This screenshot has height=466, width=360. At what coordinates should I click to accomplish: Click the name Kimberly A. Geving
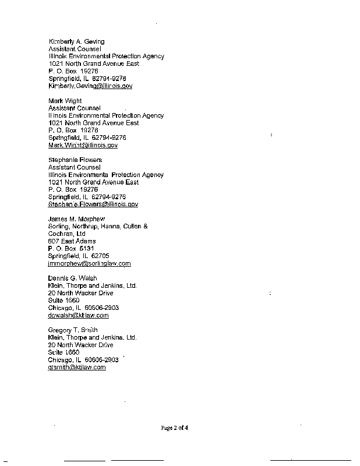coord(76,41)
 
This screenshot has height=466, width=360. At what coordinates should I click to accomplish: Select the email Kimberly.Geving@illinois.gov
coord(90,86)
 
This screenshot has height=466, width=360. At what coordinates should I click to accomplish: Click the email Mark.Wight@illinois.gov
coord(83,145)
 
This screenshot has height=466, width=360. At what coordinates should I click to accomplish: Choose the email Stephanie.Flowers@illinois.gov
coord(93,204)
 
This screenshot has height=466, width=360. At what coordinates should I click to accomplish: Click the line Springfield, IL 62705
coord(79,256)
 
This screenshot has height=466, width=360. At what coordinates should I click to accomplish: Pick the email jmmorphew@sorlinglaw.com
coord(89,263)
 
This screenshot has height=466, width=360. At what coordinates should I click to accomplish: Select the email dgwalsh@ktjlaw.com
coord(78,315)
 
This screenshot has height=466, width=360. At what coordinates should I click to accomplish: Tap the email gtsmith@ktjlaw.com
coord(77,367)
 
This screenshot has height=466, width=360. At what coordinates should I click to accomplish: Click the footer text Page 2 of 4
coord(175,428)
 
